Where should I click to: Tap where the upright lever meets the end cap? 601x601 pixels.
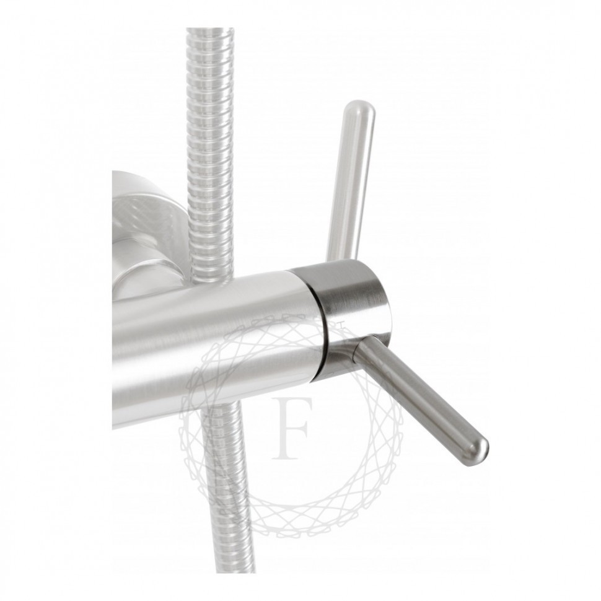click(x=341, y=259)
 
